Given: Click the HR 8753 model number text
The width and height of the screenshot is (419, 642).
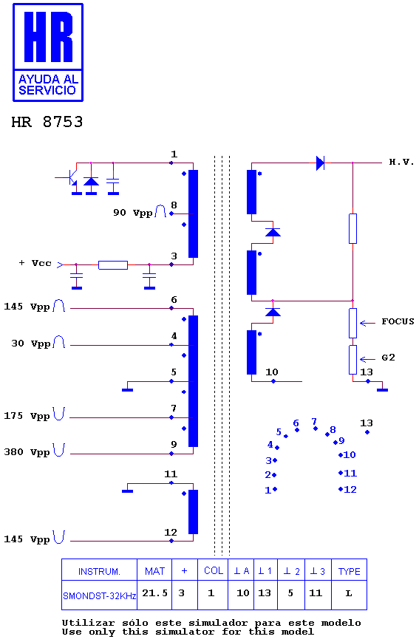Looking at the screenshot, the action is [x=47, y=122].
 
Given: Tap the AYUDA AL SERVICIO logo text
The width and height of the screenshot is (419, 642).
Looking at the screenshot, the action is [x=48, y=85].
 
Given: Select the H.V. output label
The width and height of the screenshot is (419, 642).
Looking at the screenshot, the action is [x=401, y=162].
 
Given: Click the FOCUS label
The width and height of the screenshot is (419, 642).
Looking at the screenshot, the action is [x=398, y=321].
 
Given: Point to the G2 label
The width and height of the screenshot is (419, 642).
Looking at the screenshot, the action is [x=388, y=358].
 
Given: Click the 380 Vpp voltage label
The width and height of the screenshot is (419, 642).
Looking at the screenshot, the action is [x=27, y=452].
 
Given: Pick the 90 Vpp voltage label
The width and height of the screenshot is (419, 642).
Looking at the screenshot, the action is [x=133, y=213].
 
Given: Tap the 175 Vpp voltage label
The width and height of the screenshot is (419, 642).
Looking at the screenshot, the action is [x=27, y=416].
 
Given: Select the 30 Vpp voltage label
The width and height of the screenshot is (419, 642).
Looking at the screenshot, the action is [x=31, y=344].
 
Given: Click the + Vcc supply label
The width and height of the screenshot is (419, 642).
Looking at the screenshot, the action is [x=35, y=263].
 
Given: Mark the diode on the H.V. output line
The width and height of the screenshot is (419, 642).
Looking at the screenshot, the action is [x=320, y=163].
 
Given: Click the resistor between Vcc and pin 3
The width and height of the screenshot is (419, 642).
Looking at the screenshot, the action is [x=113, y=265].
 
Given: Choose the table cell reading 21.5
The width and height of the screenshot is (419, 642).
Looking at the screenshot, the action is [x=155, y=593].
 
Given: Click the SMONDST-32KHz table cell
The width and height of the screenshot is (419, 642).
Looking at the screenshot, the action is [x=99, y=595].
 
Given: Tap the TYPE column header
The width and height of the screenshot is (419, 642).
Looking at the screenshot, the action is [x=349, y=572].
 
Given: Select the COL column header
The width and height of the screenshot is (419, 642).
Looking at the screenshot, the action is [x=214, y=571].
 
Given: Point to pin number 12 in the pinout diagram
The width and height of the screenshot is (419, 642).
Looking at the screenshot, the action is [x=350, y=489].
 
